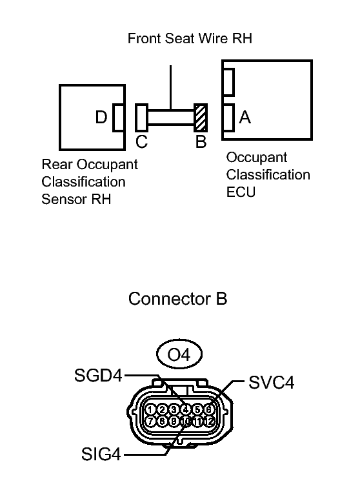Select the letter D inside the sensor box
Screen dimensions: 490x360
[x=101, y=117]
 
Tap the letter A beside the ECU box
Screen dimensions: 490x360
[x=245, y=117]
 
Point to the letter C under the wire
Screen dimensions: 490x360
[x=141, y=142]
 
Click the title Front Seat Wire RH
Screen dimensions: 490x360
[x=190, y=38]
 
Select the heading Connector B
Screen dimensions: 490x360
[x=177, y=300]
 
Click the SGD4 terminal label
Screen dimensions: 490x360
[x=98, y=375]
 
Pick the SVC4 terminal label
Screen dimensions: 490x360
[x=272, y=382]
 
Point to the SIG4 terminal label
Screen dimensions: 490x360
[x=101, y=455]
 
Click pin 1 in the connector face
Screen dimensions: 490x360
[x=150, y=409]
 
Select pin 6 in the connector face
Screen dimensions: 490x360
[x=208, y=409]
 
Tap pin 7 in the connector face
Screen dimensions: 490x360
[x=150, y=422]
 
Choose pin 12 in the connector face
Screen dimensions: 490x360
[x=208, y=422]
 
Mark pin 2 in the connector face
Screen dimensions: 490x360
[x=162, y=409]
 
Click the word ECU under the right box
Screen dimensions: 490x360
[x=241, y=192]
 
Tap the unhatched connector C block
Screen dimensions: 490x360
[x=141, y=117]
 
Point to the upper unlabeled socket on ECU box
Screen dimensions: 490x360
[x=228, y=81]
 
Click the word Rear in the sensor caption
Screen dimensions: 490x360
[x=55, y=164]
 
